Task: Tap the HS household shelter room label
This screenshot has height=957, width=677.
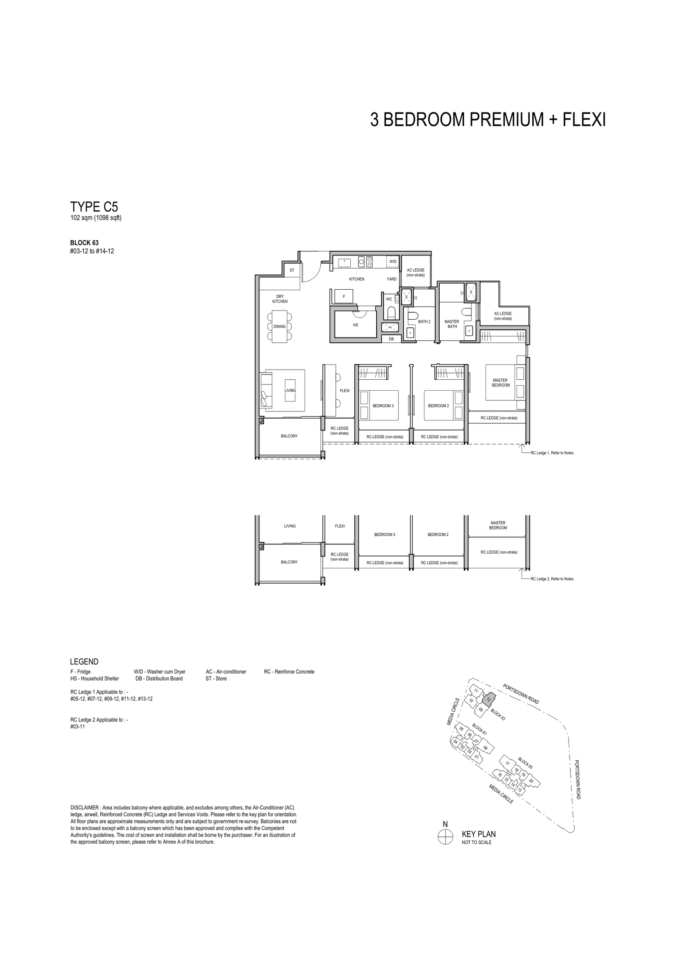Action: (x=355, y=325)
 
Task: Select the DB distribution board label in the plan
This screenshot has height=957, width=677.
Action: (x=391, y=339)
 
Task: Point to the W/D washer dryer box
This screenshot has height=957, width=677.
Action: (x=393, y=261)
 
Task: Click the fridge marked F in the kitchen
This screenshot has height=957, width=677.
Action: (x=344, y=296)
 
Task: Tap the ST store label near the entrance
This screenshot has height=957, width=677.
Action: (x=292, y=270)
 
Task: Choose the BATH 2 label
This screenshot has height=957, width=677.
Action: (x=424, y=322)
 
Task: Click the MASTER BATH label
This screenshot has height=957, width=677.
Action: (x=452, y=324)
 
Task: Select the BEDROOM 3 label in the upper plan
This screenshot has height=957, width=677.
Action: (x=383, y=406)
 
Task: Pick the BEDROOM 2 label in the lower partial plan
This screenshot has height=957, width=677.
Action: (x=438, y=535)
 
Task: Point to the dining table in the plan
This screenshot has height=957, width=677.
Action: (x=280, y=326)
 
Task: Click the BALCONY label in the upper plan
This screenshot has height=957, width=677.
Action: (x=289, y=436)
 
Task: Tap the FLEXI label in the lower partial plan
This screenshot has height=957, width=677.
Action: (x=340, y=526)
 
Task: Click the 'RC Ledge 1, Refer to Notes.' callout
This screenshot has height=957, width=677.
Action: (x=553, y=453)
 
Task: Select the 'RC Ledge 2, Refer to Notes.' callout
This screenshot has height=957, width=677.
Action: (x=553, y=579)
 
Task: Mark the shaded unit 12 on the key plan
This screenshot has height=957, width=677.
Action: (x=489, y=699)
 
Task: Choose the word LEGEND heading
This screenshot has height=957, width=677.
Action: (x=84, y=662)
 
